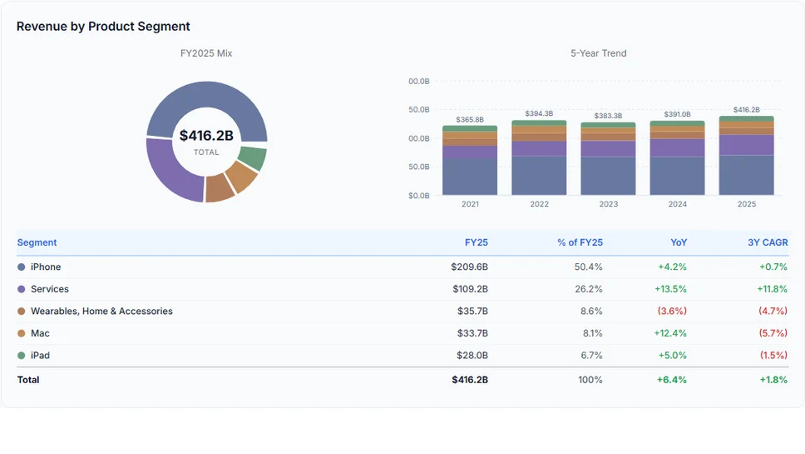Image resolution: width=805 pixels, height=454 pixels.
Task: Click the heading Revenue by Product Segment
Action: click(103, 27)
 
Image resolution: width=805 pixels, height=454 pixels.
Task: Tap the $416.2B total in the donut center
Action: click(206, 136)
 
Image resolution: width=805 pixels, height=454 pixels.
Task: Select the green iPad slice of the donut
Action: click(252, 157)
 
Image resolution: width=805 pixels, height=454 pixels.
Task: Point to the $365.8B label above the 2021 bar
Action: click(470, 120)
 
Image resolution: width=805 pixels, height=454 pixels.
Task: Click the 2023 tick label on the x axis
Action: click(608, 204)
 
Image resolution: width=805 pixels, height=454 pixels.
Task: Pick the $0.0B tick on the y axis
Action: click(418, 196)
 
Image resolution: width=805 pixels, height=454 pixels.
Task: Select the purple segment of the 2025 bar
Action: click(746, 145)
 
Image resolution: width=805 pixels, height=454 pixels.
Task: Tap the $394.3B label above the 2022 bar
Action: click(539, 114)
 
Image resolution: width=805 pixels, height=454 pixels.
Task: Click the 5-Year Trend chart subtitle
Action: click(598, 53)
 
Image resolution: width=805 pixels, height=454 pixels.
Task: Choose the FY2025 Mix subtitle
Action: click(206, 53)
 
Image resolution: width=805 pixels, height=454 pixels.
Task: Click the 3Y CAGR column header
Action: click(767, 242)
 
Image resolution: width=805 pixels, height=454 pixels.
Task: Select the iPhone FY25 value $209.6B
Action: click(469, 267)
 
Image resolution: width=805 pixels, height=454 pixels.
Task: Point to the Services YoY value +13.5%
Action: click(672, 289)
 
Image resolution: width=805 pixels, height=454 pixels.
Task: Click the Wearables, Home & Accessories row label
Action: click(101, 312)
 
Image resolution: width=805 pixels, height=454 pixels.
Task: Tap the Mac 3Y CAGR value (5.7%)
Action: click(773, 333)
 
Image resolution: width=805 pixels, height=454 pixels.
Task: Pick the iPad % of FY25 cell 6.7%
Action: click(591, 356)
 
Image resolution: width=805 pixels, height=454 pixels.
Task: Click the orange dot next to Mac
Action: click(22, 333)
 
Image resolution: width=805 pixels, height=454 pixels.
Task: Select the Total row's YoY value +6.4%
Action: click(672, 380)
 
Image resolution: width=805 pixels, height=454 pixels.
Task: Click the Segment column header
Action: click(37, 242)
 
